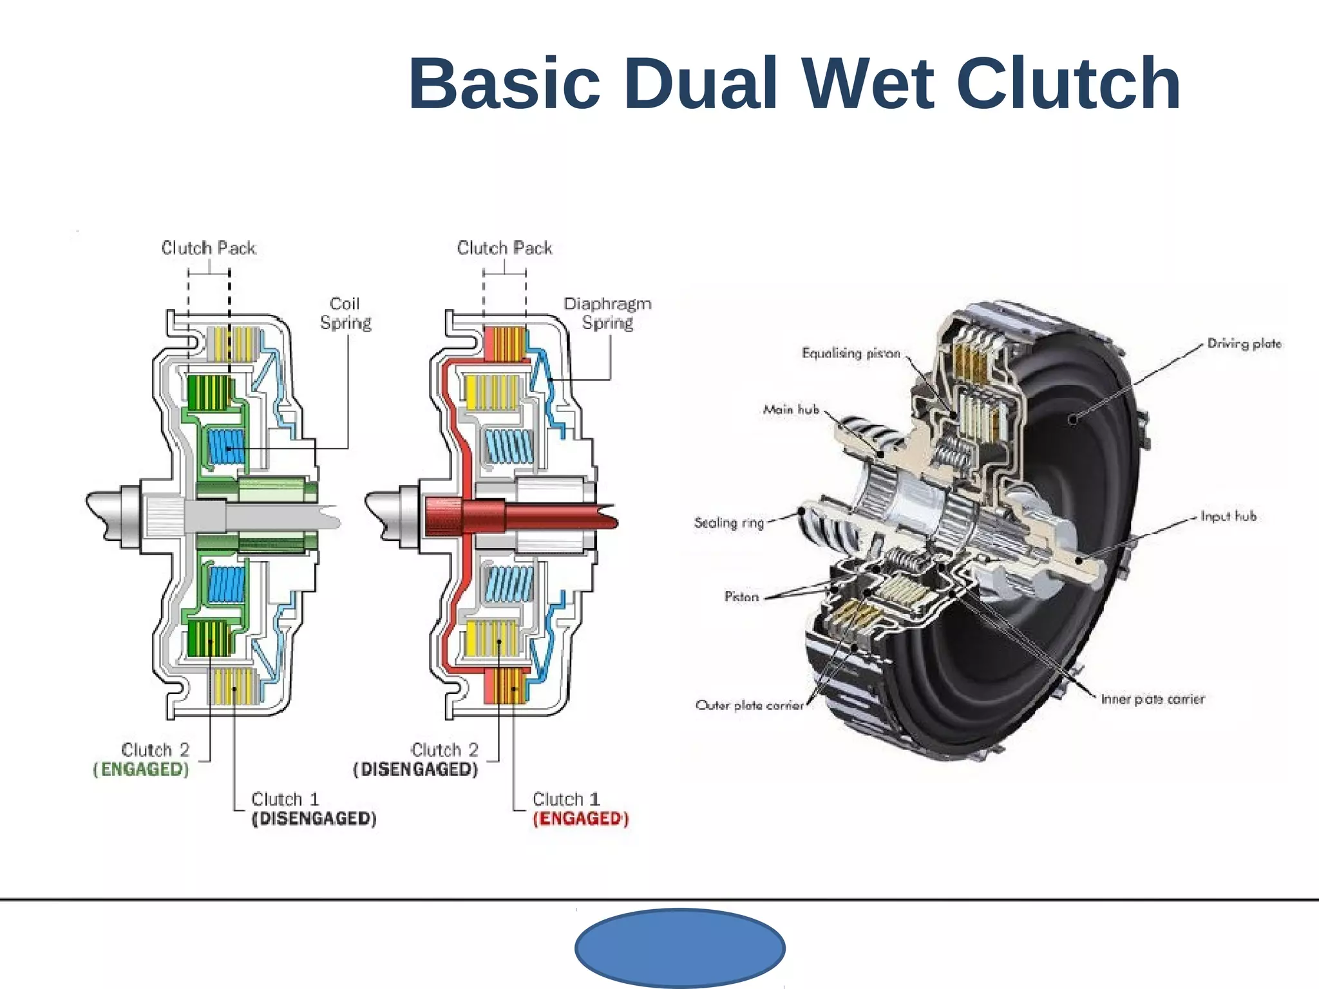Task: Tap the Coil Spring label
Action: pos(345,313)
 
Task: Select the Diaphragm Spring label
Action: pos(607,313)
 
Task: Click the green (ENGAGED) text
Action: pos(141,769)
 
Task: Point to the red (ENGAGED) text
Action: pos(580,818)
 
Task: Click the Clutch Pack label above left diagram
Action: pos(208,248)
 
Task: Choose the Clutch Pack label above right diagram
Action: pos(504,248)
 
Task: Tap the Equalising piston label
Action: pos(850,353)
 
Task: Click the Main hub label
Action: pos(791,410)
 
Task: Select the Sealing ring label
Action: pos(728,523)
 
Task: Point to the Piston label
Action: pos(741,597)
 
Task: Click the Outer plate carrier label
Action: pos(750,706)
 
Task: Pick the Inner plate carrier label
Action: pos(1152,699)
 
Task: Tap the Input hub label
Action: pos(1228,516)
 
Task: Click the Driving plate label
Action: pos(1244,344)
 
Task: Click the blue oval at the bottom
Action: pos(679,948)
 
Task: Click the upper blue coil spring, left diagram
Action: pos(226,446)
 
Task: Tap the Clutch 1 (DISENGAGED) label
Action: pos(314,809)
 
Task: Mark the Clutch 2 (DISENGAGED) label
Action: pos(416,760)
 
